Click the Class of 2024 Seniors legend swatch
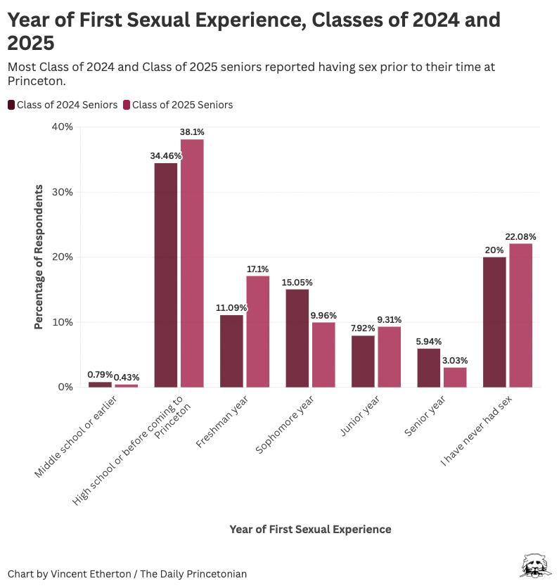pyautogui.click(x=12, y=105)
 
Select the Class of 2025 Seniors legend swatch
pyautogui.click(x=127, y=105)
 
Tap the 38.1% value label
pyautogui.click(x=192, y=132)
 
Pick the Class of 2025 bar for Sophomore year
pyautogui.click(x=323, y=354)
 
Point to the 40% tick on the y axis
pyautogui.click(x=63, y=127)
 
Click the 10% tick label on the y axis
pyautogui.click(x=63, y=322)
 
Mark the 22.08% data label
pyautogui.click(x=521, y=236)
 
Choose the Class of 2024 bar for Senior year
pyautogui.click(x=429, y=367)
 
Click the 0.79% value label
pyautogui.click(x=100, y=375)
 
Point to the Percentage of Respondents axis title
pyautogui.click(x=39, y=257)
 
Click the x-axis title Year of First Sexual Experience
pyautogui.click(x=310, y=529)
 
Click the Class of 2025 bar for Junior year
pyautogui.click(x=389, y=357)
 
